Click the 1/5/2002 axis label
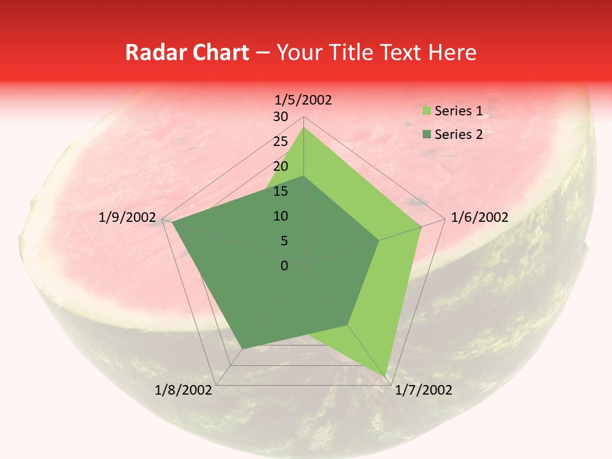303,100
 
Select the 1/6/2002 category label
479,217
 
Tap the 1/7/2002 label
424,390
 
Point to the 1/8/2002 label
184,390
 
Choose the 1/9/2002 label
127,217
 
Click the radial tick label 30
280,117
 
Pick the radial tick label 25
280,142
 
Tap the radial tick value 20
280,166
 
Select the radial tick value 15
280,191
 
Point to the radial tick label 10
280,216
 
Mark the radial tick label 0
284,266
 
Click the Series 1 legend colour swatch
426,111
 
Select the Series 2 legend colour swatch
426,135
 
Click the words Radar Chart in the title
187,53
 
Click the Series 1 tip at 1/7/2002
387,375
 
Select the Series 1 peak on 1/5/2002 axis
303,127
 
